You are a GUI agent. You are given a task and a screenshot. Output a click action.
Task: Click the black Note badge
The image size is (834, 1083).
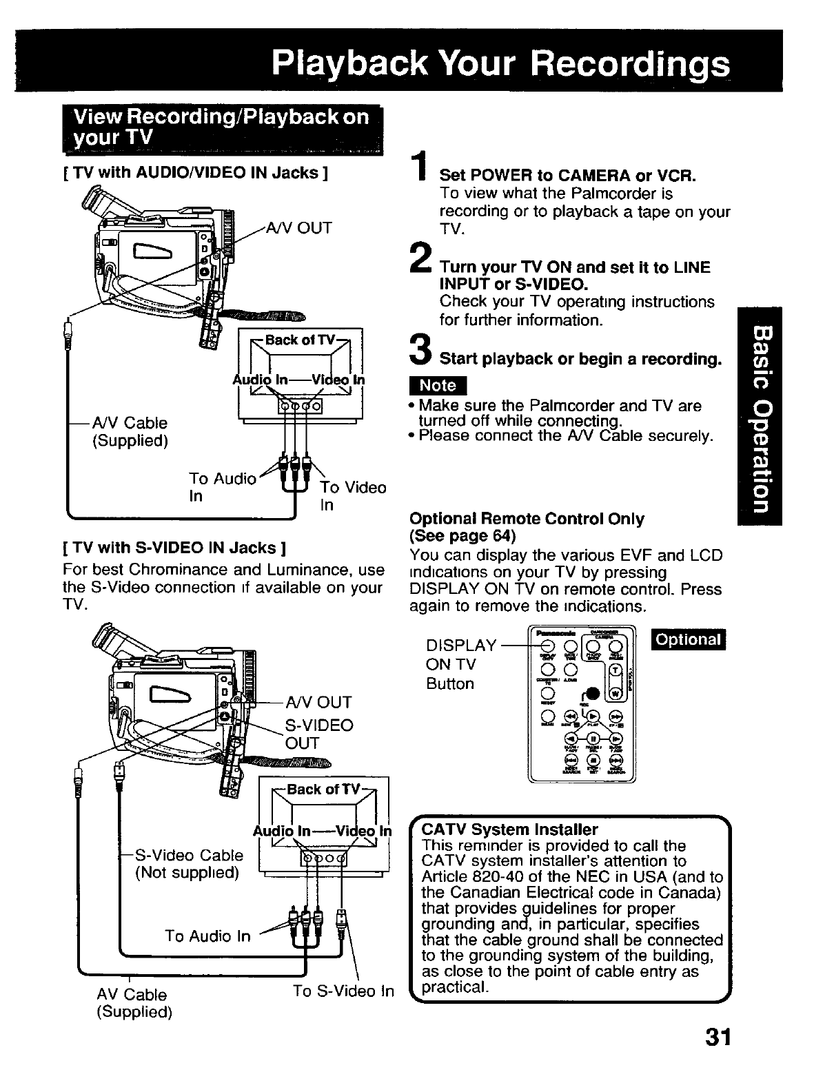(438, 385)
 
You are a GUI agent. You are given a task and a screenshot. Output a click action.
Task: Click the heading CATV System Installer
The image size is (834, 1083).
(509, 829)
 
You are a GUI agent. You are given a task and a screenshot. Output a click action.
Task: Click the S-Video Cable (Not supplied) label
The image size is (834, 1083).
(189, 864)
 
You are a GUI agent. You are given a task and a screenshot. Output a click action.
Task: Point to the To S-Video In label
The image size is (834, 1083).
(343, 991)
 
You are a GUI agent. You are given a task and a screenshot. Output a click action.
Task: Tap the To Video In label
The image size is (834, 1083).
(353, 495)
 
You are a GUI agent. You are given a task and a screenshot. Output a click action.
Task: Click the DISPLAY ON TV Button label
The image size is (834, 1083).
(460, 664)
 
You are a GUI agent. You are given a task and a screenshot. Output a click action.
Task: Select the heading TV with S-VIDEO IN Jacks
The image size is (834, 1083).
(174, 548)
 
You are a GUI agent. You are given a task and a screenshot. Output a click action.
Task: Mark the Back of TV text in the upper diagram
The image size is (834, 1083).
(301, 340)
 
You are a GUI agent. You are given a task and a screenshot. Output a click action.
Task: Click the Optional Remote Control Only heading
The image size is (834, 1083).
(527, 519)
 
